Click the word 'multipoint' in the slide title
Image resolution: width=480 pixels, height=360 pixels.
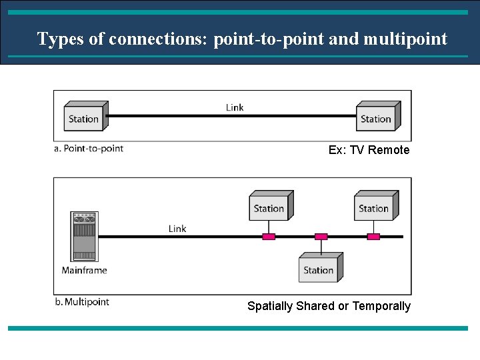(405, 39)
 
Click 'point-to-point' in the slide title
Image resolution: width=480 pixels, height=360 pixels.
(269, 39)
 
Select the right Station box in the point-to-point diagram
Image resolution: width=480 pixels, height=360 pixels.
(377, 118)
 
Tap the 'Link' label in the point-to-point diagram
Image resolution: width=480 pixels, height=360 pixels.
(235, 107)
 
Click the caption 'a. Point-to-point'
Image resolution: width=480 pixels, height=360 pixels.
(89, 149)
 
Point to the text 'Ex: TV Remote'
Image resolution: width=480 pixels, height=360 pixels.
(369, 150)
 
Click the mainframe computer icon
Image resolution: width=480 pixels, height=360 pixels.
(83, 236)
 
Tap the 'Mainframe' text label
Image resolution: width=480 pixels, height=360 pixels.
(84, 270)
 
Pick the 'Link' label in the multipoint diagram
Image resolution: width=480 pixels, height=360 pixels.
(177, 229)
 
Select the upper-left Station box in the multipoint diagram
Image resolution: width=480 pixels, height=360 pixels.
(270, 207)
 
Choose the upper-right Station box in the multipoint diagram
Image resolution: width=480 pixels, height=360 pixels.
(375, 207)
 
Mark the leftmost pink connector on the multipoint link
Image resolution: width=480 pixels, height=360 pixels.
(269, 237)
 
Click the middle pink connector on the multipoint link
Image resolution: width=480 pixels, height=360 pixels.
(321, 237)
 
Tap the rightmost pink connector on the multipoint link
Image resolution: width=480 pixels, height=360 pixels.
(374, 237)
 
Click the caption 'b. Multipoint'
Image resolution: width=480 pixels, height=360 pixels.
(82, 302)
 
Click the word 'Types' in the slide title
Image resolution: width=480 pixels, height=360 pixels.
(61, 39)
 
